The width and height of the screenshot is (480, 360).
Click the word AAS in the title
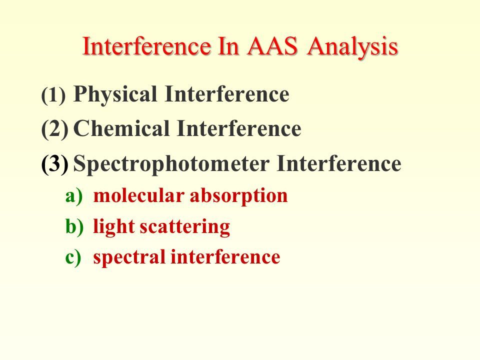pos(272,46)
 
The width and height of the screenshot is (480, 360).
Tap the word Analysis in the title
pos(352,47)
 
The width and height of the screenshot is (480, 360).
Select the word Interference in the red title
pos(146,46)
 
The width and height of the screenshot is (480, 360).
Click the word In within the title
pos(228,46)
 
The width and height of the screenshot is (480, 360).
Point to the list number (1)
pos(53,95)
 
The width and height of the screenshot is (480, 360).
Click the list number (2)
pos(55,129)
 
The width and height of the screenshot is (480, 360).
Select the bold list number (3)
pos(55,164)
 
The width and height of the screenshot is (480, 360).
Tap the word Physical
pos(115,95)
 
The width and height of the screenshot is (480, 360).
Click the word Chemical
pos(121,128)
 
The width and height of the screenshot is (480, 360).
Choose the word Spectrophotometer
pos(171,164)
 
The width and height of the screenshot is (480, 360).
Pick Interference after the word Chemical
pos(239,128)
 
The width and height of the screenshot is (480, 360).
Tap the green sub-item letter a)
pos(74,195)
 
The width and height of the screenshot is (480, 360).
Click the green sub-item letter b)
pos(74,226)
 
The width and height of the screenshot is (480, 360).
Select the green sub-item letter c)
pos(73,256)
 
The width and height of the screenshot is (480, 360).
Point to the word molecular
pos(138,195)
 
